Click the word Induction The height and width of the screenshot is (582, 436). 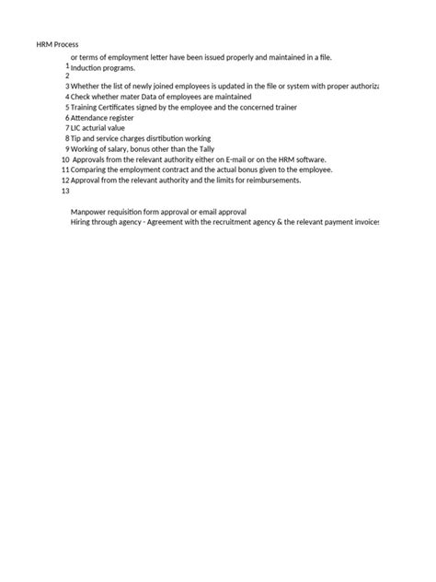point(88,68)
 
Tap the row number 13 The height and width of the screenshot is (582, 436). point(64,192)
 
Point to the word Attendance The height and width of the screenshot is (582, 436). point(92,118)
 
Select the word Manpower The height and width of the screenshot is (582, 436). point(89,212)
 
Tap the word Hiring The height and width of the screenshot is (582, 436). point(82,223)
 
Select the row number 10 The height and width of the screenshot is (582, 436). point(64,159)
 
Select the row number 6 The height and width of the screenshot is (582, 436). point(67,118)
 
